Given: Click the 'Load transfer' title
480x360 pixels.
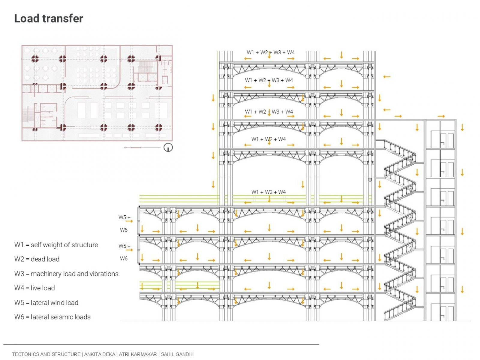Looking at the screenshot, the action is tap(49, 19).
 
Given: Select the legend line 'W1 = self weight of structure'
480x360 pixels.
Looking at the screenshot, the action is tap(56, 245).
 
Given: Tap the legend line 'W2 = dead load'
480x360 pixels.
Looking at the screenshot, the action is tap(37, 259).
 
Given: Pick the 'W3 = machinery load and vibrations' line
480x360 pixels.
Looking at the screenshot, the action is tap(66, 274).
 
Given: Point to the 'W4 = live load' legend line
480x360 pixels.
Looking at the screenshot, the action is tap(34, 288).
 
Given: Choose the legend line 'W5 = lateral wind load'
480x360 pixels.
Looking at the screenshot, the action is tap(46, 302).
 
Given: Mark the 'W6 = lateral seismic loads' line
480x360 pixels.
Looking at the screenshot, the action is tap(52, 317).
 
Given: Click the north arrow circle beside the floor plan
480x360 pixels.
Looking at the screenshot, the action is tap(168, 148).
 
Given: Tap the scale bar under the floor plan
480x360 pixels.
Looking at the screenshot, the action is tap(142, 148).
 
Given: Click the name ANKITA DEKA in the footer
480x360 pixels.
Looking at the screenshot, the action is tap(100, 354).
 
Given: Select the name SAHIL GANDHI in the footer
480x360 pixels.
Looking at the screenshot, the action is tap(177, 354).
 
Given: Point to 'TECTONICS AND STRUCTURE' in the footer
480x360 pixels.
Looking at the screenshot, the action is tap(46, 354).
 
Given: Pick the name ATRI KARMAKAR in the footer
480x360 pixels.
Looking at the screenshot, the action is tap(138, 354).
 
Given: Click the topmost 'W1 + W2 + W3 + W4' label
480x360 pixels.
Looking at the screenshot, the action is tap(271, 52).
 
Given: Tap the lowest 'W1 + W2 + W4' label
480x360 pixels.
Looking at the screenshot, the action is tap(268, 192).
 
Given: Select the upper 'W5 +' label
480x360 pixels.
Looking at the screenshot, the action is tap(124, 217).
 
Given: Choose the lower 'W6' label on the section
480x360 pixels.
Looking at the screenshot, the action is tap(124, 259).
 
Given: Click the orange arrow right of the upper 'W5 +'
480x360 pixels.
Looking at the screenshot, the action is tap(129, 221).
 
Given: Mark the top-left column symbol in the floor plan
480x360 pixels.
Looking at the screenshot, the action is tap(35, 58).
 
